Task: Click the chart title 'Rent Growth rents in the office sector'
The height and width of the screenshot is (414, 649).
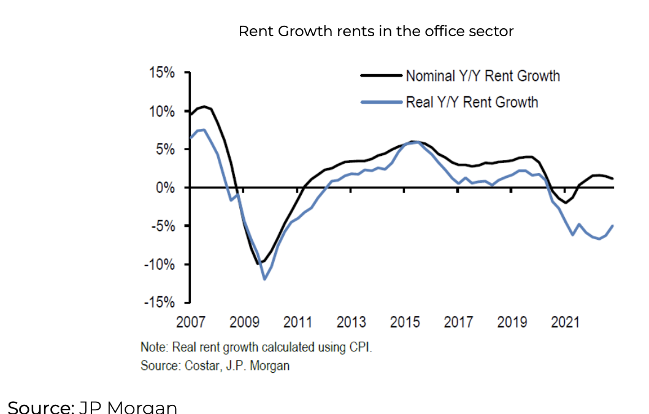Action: [x=375, y=31]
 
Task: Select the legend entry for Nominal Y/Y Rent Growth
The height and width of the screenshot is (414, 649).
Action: [x=482, y=76]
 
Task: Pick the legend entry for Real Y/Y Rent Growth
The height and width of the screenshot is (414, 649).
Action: [x=471, y=102]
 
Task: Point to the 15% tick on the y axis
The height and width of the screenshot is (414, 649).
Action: [x=161, y=73]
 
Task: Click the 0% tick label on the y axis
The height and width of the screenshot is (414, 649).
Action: [x=164, y=188]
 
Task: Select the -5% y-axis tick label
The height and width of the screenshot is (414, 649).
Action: [x=163, y=226]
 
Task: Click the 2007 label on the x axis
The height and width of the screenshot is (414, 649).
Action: [x=190, y=322]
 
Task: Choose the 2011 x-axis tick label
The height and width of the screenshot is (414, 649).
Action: [x=298, y=322]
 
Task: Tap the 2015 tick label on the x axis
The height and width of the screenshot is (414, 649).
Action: [x=404, y=322]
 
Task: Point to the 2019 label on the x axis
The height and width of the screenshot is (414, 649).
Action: [x=512, y=322]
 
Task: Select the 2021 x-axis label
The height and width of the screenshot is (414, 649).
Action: [x=565, y=322]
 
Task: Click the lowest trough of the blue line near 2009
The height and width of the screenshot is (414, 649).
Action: [x=264, y=279]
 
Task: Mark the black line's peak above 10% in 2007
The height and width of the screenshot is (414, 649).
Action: [x=204, y=106]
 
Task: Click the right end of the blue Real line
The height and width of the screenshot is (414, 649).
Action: [x=613, y=226]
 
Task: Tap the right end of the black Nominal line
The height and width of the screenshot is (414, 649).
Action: [x=613, y=178]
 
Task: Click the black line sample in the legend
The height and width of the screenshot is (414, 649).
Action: [x=381, y=76]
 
